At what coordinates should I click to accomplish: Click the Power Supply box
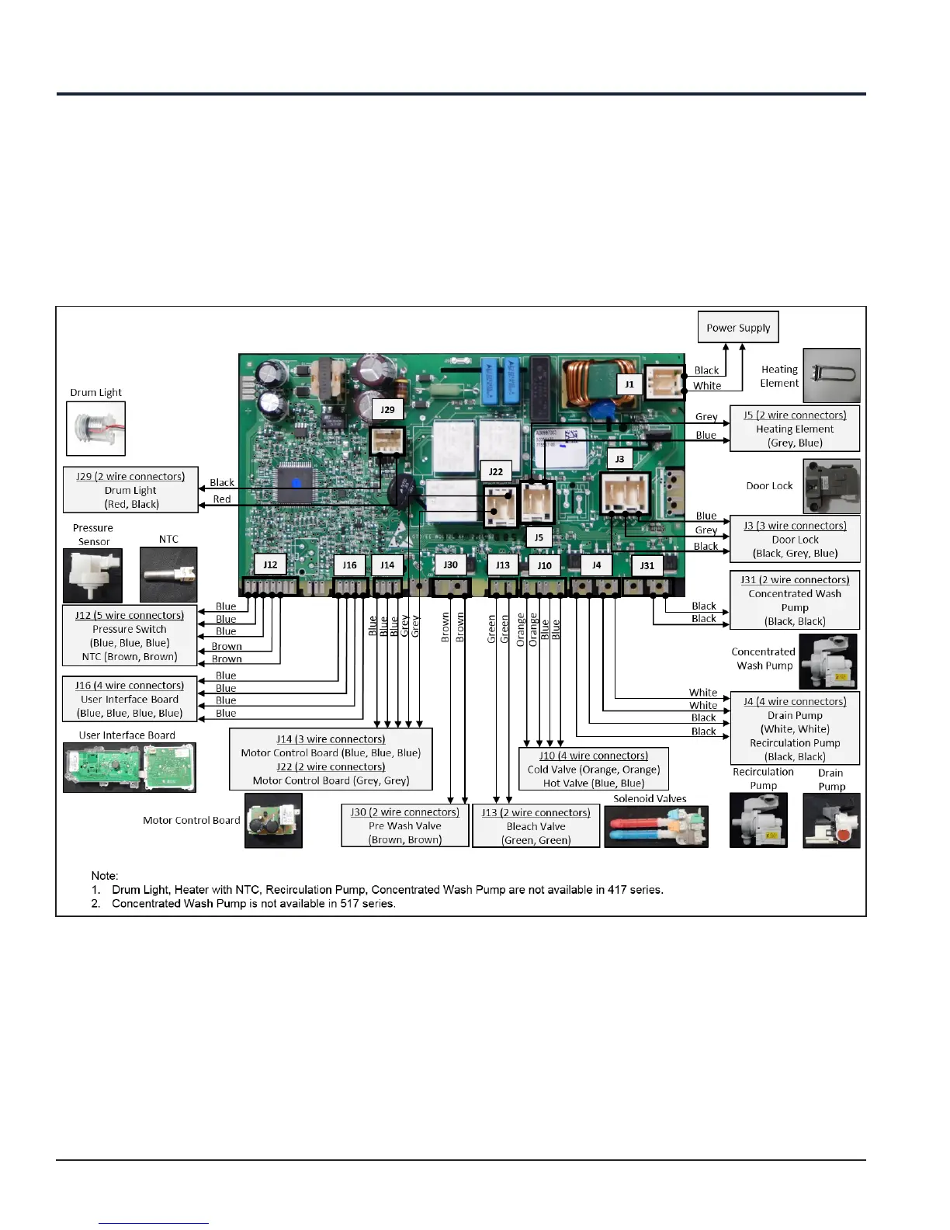click(737, 328)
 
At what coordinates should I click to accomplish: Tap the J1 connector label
click(629, 384)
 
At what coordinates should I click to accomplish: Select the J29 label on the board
click(387, 409)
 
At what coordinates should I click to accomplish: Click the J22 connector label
click(496, 471)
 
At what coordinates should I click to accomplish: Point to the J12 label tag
click(270, 565)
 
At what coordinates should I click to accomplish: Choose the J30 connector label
click(450, 565)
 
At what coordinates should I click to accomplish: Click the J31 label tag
click(647, 565)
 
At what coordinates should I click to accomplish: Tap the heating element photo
click(831, 375)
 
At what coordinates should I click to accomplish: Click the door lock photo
click(831, 487)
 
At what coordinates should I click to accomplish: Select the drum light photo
click(95, 428)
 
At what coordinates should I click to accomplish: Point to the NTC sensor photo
click(168, 575)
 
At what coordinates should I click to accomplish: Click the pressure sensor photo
click(92, 575)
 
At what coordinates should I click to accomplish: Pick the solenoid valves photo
click(656, 826)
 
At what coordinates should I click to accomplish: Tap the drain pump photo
click(831, 820)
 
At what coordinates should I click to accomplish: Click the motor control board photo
click(273, 820)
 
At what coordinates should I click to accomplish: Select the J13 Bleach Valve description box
click(536, 826)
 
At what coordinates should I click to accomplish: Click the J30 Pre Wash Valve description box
click(405, 825)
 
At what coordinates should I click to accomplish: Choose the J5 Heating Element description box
click(795, 429)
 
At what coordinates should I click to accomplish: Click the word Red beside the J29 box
click(222, 499)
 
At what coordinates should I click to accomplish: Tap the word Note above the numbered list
click(104, 875)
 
